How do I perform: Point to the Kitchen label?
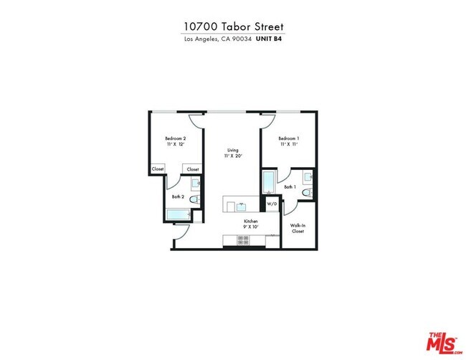coord(250,222)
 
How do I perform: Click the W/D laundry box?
coord(272,204)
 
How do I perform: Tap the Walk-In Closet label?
coord(298,228)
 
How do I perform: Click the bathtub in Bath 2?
coord(176,214)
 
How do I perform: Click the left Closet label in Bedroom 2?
coord(158,169)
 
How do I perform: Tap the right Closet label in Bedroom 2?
coord(193,169)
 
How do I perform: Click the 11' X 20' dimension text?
coord(233,156)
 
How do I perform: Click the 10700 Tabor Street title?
coord(233,26)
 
